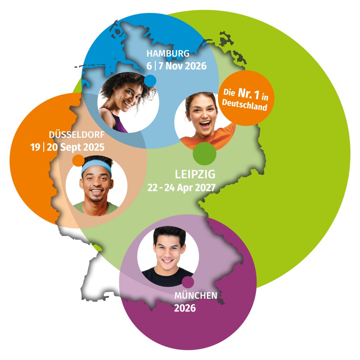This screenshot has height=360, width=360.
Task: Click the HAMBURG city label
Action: tap(168, 53)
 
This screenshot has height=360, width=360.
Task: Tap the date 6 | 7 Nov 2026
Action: tap(176, 66)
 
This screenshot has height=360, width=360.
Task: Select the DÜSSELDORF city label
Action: tap(77, 134)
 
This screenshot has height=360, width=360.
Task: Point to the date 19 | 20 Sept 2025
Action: tap(67, 147)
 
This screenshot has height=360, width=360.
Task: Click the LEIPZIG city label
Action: tap(195, 174)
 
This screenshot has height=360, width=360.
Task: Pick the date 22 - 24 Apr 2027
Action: tap(181, 188)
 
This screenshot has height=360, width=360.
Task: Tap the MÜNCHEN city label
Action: tap(196, 295)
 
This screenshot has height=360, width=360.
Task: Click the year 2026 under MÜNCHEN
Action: tap(185, 308)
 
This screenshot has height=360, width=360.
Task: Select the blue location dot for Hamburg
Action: tap(150, 81)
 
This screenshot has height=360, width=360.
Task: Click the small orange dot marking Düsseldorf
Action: tap(78, 160)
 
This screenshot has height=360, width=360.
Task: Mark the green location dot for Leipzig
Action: tap(205, 154)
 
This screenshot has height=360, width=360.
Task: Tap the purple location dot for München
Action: tap(188, 282)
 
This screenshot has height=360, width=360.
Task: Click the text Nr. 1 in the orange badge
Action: tap(249, 94)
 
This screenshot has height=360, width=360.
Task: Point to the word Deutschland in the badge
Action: tap(245, 105)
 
